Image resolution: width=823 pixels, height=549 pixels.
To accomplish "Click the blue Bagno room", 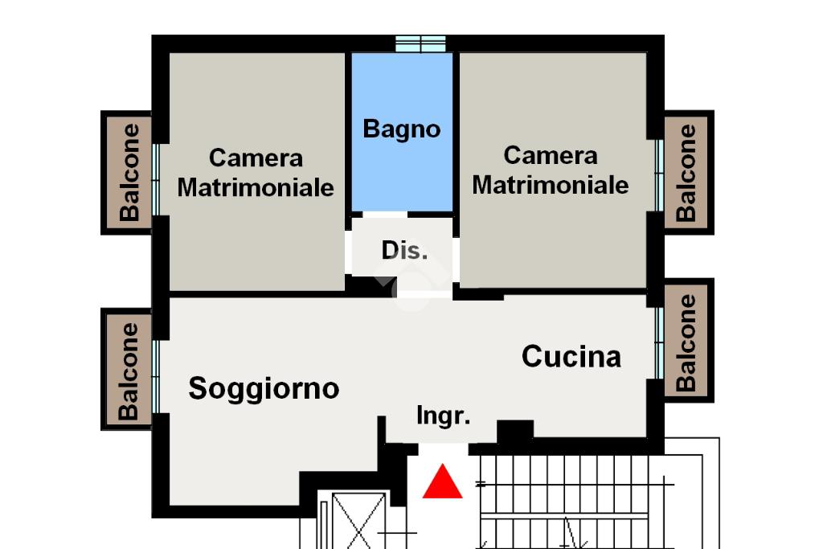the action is [x=402, y=132].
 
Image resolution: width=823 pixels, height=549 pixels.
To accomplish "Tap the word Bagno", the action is [x=402, y=129].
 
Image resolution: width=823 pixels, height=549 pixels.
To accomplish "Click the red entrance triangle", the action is [x=443, y=481].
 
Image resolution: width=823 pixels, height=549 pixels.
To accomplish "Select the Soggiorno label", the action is [x=264, y=389].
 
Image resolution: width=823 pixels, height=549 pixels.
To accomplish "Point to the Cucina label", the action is [x=571, y=356].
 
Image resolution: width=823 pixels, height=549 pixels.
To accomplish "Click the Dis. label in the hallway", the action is [x=405, y=250].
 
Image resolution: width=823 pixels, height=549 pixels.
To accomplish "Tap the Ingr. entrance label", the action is [x=444, y=416].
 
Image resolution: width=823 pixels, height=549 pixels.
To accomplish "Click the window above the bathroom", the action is [x=420, y=44].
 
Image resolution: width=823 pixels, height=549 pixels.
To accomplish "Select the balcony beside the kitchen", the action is [x=686, y=342].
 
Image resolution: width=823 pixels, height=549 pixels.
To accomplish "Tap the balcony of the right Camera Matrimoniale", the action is [x=686, y=173].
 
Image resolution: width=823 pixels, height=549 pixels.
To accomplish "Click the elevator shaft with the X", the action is [x=358, y=520].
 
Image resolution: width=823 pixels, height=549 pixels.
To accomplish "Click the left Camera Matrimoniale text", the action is [x=256, y=173].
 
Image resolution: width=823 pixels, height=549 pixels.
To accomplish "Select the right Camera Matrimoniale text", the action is [x=551, y=170].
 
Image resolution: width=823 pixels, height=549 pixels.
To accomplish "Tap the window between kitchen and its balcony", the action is [x=659, y=343].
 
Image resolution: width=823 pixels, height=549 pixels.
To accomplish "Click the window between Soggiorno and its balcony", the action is [x=156, y=376].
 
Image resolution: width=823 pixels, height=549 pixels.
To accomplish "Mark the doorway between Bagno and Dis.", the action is [x=385, y=215].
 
